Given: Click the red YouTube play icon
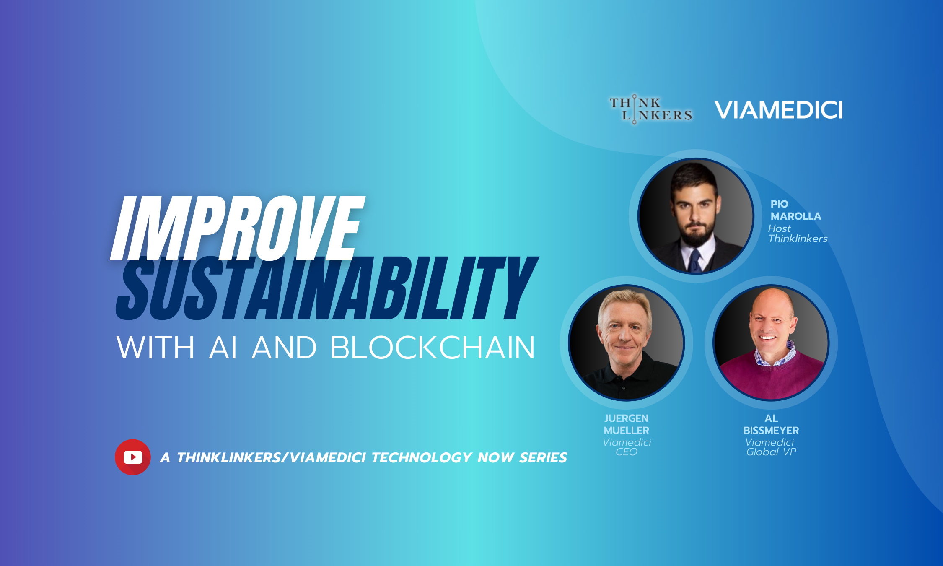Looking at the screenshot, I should pyautogui.click(x=132, y=457).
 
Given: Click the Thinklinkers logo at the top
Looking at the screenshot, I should pyautogui.click(x=650, y=109).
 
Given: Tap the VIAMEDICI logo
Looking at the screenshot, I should pyautogui.click(x=778, y=110).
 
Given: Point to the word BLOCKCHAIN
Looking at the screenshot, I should pyautogui.click(x=433, y=348).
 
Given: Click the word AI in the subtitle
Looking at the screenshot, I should pyautogui.click(x=223, y=348).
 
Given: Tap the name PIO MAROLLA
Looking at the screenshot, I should pyautogui.click(x=795, y=210).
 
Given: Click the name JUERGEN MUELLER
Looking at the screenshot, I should pyautogui.click(x=626, y=424).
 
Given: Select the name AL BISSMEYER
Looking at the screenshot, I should pyautogui.click(x=771, y=424).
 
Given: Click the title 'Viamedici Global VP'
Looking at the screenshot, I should pyautogui.click(x=770, y=447).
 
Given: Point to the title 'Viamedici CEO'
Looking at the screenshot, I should pyautogui.click(x=627, y=447).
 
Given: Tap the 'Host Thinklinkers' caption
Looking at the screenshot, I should pyautogui.click(x=797, y=234).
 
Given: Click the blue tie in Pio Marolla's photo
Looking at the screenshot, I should pyautogui.click(x=695, y=260).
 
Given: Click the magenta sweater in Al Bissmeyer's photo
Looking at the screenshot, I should pyautogui.click(x=771, y=377).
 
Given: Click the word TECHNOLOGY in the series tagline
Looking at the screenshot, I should pyautogui.click(x=422, y=457).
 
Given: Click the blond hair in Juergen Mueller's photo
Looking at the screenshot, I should pyautogui.click(x=624, y=302).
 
